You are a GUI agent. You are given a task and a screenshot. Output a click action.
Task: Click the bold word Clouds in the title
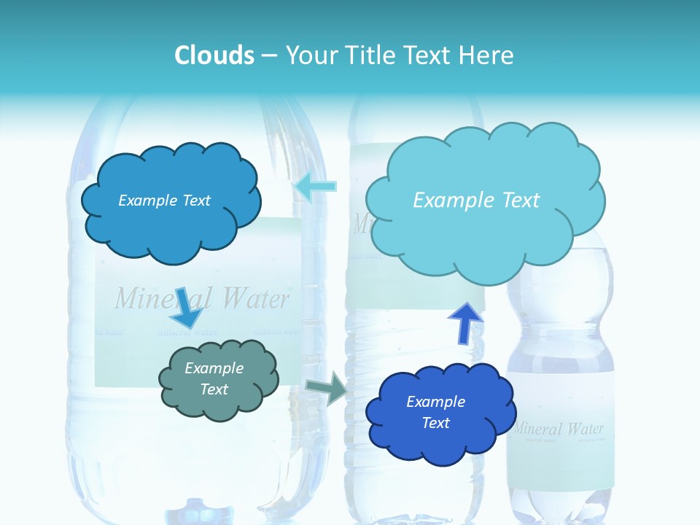(x=214, y=55)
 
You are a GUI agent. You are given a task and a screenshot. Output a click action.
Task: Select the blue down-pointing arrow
(x=186, y=308)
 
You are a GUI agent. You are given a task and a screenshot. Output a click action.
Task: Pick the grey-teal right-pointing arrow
(x=327, y=388)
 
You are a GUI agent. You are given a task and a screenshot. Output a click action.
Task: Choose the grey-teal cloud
(x=217, y=379)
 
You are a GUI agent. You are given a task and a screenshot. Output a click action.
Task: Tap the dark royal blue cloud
(x=439, y=413)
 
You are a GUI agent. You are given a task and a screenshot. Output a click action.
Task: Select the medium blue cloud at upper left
(x=170, y=201)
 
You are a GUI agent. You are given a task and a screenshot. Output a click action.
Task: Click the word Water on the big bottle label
(x=255, y=297)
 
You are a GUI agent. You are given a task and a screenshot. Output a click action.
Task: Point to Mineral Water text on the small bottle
(x=559, y=428)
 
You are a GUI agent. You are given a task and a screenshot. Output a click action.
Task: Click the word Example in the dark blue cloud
(x=435, y=402)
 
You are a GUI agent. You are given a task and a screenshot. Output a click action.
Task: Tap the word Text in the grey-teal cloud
(x=214, y=389)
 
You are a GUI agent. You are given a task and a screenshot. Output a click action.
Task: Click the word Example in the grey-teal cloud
(x=214, y=368)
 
